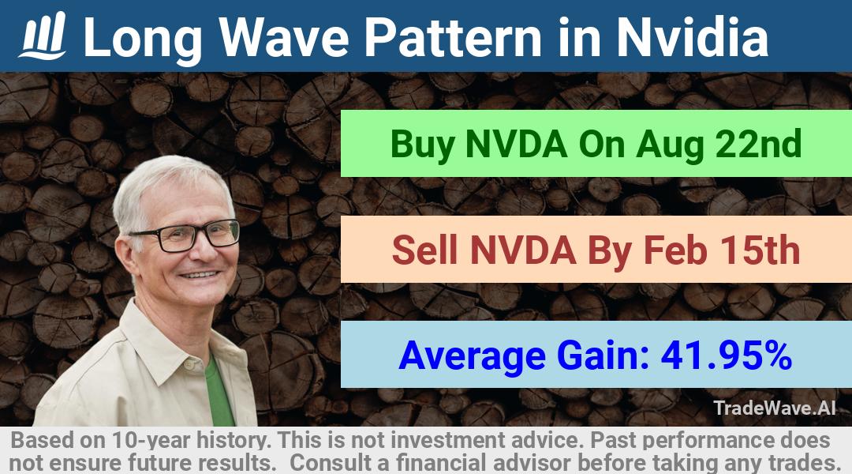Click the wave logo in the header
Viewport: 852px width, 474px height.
click(43, 36)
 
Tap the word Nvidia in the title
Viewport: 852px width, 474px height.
click(693, 36)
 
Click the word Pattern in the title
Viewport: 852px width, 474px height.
click(454, 36)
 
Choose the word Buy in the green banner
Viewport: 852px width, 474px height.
click(422, 145)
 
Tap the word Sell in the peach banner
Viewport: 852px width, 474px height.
click(424, 250)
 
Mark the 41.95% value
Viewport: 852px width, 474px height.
click(726, 355)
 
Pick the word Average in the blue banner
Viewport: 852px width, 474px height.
click(473, 356)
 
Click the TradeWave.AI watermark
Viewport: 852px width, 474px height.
click(775, 408)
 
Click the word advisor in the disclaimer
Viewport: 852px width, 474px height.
click(532, 463)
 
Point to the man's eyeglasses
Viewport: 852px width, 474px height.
click(185, 235)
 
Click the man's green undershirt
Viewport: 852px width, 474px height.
click(219, 392)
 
